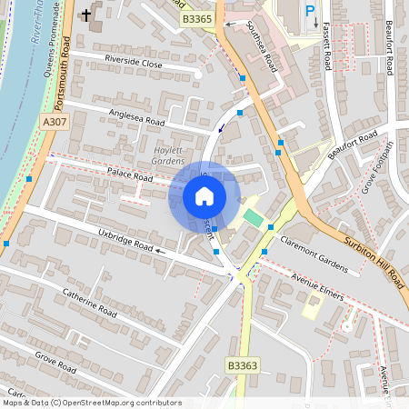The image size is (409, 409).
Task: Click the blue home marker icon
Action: pyautogui.click(x=204, y=196)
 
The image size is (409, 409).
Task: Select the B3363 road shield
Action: pyautogui.click(x=243, y=364)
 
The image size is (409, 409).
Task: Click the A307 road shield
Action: pyautogui.click(x=54, y=122)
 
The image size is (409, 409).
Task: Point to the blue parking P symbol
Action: pyautogui.click(x=310, y=11)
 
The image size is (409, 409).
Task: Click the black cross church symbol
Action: pyautogui.click(x=86, y=15)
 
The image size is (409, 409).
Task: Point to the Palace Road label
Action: pyautogui.click(x=128, y=173)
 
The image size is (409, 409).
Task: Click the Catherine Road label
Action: pyautogui.click(x=90, y=303)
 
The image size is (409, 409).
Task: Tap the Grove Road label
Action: pyautogui.click(x=55, y=360)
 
